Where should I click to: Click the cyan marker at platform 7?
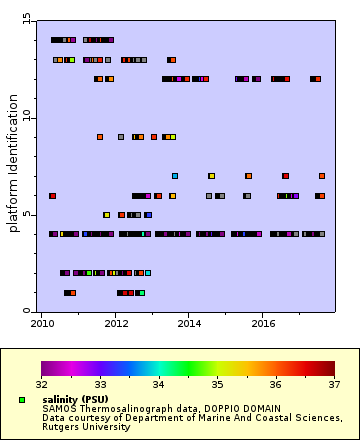(175, 176)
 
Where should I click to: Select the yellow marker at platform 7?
(211, 176)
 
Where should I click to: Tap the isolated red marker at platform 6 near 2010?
(52, 196)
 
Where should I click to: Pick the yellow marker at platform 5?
(107, 215)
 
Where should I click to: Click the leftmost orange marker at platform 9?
(100, 137)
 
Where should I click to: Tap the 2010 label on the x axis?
(42, 324)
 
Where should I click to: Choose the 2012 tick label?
(116, 324)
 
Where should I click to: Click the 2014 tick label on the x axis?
(190, 324)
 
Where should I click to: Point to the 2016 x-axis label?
(264, 324)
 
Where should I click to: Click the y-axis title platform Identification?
(14, 165)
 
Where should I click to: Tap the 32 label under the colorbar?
(41, 383)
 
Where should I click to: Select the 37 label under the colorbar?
(333, 383)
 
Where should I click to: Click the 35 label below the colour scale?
(216, 383)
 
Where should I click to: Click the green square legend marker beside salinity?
(21, 400)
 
